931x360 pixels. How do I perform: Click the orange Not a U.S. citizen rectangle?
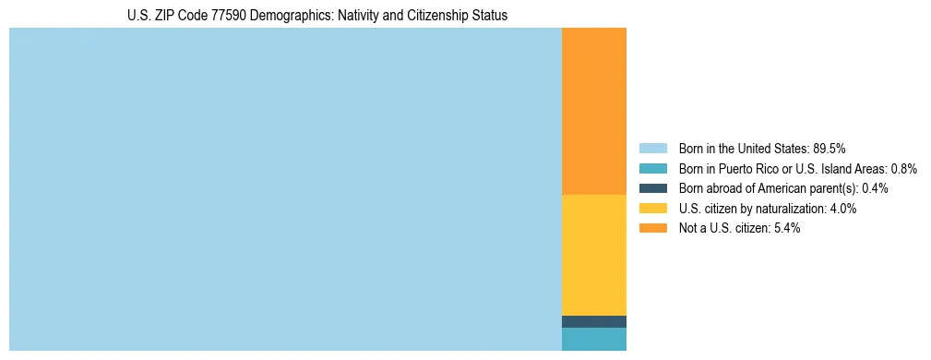[593, 111]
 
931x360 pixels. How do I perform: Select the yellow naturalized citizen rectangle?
[593, 255]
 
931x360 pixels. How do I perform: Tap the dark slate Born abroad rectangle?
[593, 321]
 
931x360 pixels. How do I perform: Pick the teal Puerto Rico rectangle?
[593, 339]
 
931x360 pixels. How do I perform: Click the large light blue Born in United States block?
[285, 189]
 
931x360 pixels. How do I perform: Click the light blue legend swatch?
[652, 149]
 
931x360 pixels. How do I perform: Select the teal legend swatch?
[652, 169]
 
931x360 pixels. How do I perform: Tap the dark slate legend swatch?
[652, 188]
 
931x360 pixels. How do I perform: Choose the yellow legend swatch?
[652, 209]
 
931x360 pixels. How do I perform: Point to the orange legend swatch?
[652, 229]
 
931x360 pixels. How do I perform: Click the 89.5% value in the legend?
[829, 149]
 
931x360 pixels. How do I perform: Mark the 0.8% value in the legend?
[903, 169]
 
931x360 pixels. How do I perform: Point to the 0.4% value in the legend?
[875, 188]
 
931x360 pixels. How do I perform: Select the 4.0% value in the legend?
[842, 209]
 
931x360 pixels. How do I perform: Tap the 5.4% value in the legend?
[786, 229]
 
